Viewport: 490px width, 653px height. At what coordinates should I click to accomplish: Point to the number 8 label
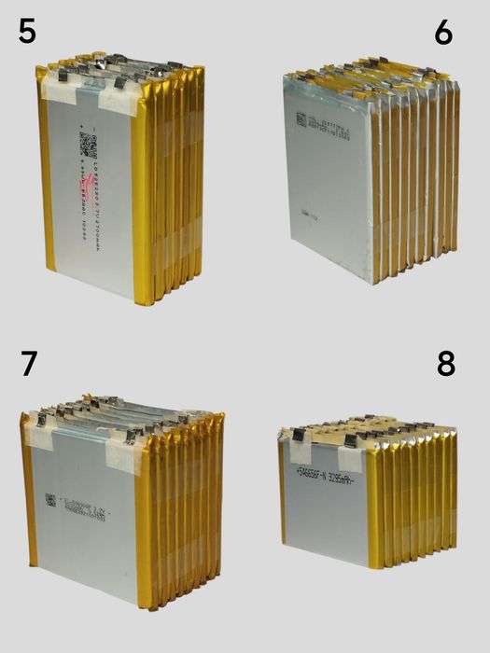tap(445, 363)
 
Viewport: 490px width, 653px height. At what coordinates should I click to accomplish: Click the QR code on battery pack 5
tap(88, 145)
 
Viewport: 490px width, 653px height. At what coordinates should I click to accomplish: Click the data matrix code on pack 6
tap(301, 118)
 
